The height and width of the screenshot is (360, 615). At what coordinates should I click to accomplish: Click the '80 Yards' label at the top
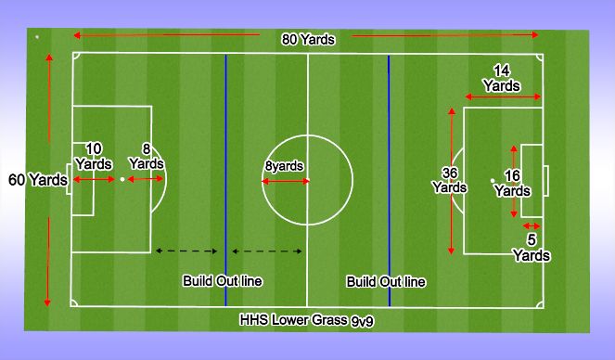(309, 40)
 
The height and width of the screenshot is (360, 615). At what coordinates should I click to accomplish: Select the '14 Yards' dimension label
(502, 77)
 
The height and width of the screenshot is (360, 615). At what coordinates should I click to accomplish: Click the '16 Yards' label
(511, 183)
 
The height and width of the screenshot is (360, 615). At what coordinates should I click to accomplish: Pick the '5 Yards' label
(532, 247)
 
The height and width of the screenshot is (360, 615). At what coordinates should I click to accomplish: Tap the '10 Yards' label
(93, 155)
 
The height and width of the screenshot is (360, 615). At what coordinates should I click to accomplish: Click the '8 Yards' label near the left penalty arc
(146, 155)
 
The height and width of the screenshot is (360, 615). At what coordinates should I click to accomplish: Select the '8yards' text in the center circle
(284, 167)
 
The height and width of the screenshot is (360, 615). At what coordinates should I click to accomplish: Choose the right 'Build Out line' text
(386, 280)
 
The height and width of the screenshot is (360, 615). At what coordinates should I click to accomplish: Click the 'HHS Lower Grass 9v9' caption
(301, 320)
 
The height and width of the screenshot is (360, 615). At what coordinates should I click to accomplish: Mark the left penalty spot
(122, 179)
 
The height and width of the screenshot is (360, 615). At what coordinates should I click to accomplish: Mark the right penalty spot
(493, 179)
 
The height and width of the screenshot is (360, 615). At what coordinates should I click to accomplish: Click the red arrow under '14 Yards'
(503, 96)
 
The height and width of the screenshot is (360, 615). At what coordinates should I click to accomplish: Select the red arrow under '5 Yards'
(532, 225)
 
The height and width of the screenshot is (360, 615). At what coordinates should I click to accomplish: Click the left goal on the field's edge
(69, 179)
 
